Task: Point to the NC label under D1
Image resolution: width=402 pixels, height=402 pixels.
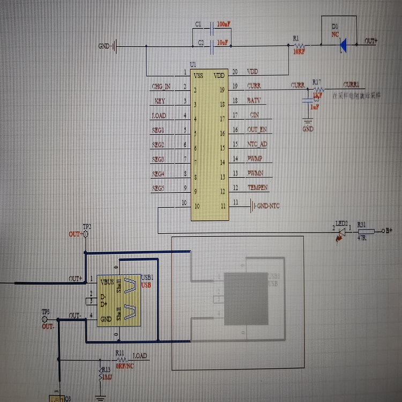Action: (x=335, y=34)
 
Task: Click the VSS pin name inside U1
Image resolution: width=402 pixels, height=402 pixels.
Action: (x=198, y=76)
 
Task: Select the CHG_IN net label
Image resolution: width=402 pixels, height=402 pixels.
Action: (x=161, y=86)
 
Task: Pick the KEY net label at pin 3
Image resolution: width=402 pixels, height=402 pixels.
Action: (x=160, y=101)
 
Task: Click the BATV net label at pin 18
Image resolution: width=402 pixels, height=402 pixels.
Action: (x=254, y=101)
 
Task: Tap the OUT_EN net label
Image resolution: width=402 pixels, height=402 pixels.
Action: (x=257, y=130)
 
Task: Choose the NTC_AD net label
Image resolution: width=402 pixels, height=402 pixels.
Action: (x=257, y=144)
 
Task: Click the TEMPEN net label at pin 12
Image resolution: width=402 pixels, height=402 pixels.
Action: (x=257, y=188)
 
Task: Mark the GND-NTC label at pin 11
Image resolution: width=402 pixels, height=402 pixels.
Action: (x=267, y=205)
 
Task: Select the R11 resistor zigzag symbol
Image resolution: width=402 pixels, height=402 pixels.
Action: (x=121, y=360)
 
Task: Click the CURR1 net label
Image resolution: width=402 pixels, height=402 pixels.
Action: (x=351, y=85)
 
